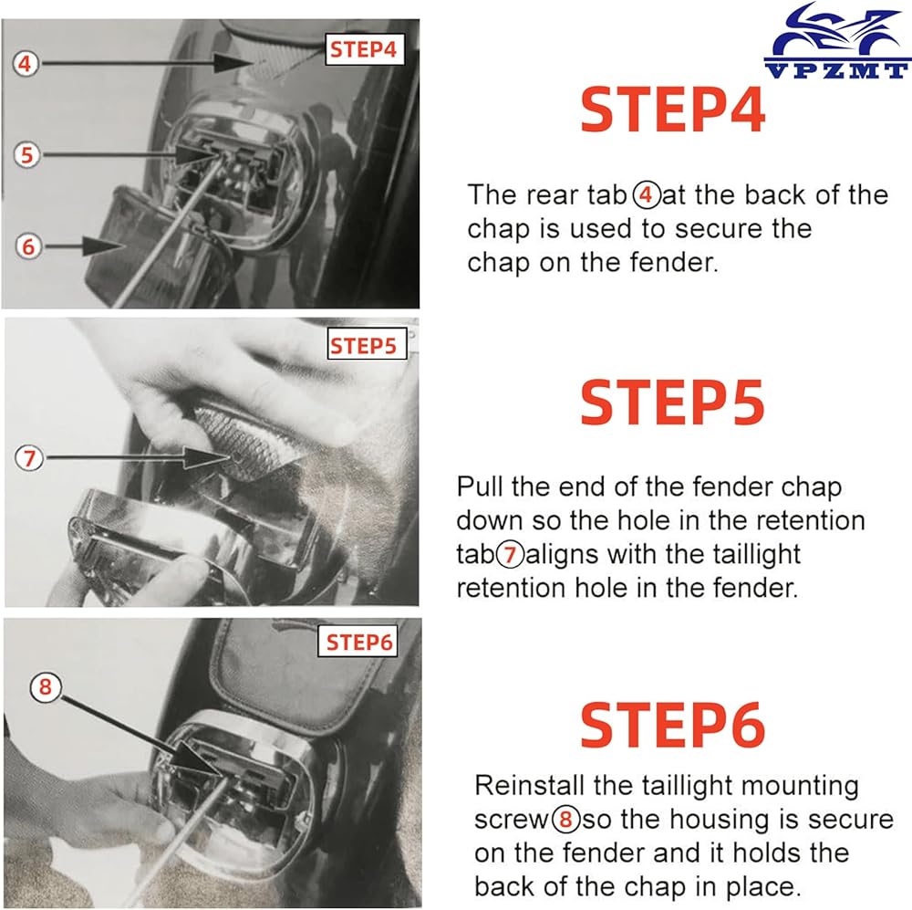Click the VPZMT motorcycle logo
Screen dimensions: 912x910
837,40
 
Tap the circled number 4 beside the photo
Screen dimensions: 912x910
26,63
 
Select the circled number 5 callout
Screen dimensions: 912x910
26,155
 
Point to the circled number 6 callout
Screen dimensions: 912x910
28,246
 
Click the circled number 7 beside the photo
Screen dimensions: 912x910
29,458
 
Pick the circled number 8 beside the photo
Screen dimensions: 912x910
46,687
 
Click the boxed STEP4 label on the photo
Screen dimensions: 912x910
364,49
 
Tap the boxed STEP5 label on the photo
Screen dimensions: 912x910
365,345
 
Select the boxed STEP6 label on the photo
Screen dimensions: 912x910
358,642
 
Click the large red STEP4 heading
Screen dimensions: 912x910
673,110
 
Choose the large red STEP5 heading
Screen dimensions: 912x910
673,402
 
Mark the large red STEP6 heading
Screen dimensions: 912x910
673,725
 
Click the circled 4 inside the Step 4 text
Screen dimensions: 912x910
647,195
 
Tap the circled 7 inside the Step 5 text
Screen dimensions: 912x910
510,554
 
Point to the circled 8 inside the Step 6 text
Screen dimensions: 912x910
566,820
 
